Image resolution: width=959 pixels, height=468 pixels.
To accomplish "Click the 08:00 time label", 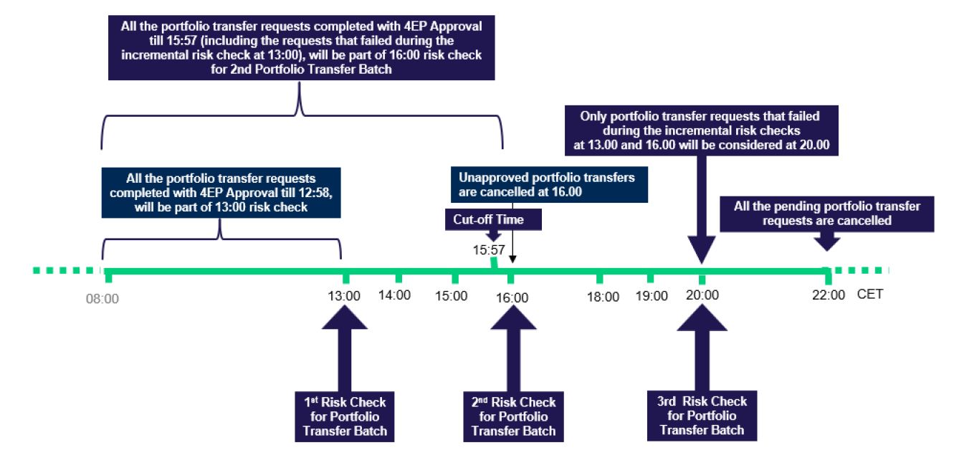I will point(102,299).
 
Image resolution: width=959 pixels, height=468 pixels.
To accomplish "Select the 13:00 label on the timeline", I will point(344,297).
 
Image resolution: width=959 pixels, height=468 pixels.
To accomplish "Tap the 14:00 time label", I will point(395,295).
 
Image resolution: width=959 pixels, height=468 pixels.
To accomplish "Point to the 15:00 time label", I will point(451,295).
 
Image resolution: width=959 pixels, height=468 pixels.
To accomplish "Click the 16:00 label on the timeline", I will point(512,298).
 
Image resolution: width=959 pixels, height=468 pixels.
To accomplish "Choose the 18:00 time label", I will point(603,297).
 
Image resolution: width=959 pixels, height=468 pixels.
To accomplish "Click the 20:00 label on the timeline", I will point(702,295).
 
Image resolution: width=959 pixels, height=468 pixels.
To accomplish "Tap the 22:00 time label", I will point(829,295).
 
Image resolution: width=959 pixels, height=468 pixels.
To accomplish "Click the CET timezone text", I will point(869,294).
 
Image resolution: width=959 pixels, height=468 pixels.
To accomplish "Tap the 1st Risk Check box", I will point(345,416).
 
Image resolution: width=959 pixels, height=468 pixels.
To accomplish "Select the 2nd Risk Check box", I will point(513,416).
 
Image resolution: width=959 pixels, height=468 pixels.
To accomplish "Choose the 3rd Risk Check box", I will point(702,415).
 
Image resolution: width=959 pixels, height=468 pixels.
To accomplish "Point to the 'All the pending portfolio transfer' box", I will point(826,214).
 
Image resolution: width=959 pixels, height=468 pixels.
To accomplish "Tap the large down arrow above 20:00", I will point(702,208).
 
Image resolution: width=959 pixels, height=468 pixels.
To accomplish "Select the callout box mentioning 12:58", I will point(221,192).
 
